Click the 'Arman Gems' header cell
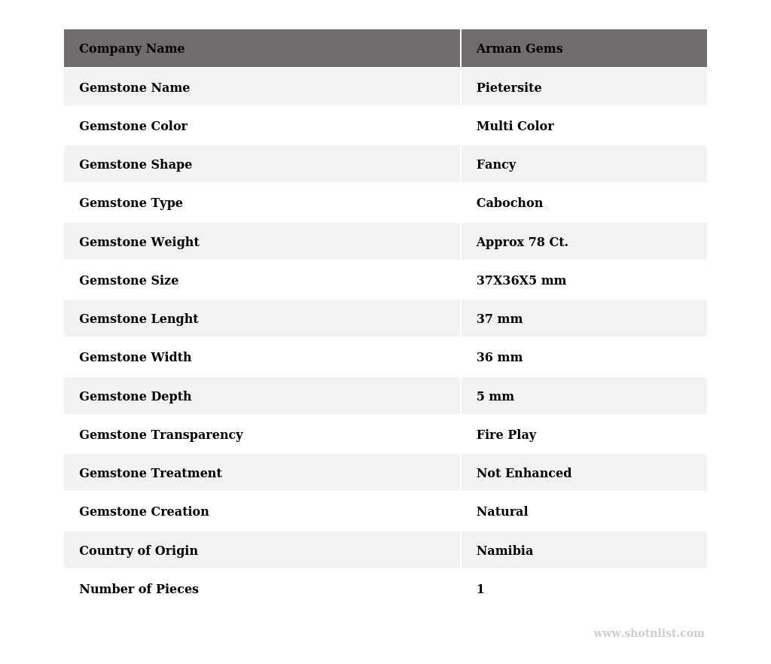coord(520,49)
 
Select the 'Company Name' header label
coord(132,49)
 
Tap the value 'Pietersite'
coord(509,88)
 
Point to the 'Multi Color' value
coord(515,126)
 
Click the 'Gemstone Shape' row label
coord(136,165)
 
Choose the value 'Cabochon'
coord(510,203)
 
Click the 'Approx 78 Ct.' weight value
coord(522,242)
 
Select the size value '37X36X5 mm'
coord(521,281)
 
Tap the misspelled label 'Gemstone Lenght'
coord(139,319)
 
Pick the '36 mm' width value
coord(499,358)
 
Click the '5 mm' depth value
coord(495,397)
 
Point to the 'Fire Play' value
coord(506,435)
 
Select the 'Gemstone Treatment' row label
coord(151,474)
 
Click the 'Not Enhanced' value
coord(524,474)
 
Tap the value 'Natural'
coord(502,512)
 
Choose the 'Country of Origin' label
coord(139,551)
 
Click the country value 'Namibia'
coord(504,551)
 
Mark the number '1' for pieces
coord(480,589)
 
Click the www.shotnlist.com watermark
coord(649,634)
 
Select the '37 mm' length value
coord(499,319)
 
